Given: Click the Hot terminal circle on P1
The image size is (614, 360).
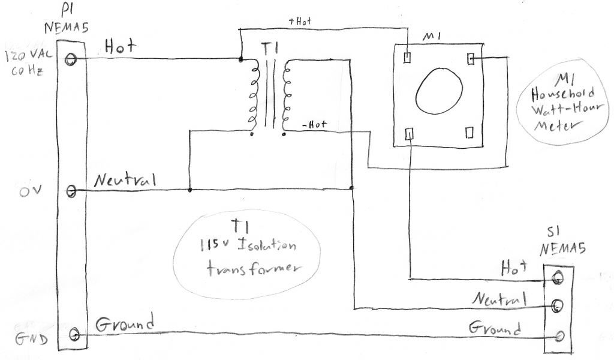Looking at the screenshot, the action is (73, 58).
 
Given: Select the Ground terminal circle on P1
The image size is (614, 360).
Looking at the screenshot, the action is (75, 334).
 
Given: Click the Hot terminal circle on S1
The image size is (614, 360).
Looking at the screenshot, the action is (558, 278).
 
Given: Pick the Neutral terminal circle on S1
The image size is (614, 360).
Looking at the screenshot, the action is (558, 305).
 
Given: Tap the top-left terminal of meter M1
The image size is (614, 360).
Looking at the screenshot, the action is (407, 58).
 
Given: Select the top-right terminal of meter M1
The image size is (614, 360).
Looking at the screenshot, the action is (471, 58).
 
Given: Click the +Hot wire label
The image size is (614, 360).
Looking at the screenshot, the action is (300, 22).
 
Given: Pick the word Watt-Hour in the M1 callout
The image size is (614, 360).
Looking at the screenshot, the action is (558, 110).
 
